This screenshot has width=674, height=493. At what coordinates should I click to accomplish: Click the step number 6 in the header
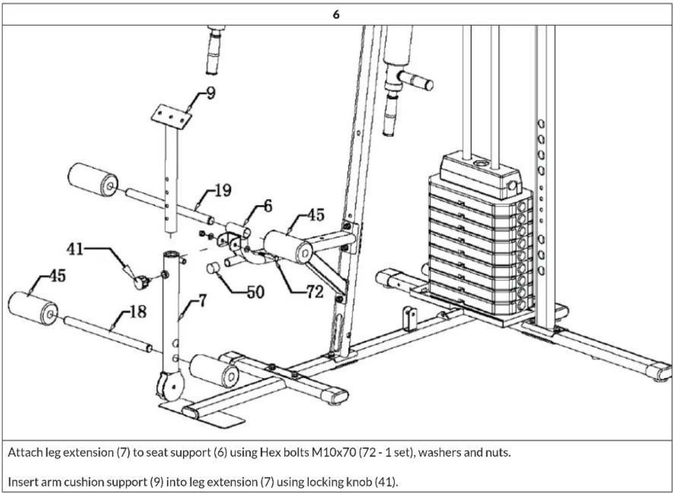click(336, 15)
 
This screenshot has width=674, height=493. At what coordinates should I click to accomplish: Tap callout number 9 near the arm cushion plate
click(211, 93)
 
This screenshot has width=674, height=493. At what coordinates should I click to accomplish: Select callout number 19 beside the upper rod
click(223, 191)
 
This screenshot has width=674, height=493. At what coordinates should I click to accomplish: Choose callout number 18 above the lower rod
click(138, 312)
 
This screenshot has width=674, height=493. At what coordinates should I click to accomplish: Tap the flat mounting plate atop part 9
click(171, 118)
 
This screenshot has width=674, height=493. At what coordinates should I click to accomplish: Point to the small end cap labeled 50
click(213, 268)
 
